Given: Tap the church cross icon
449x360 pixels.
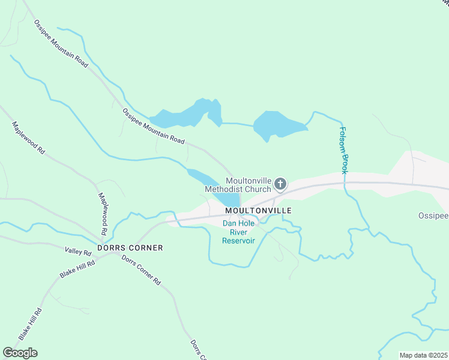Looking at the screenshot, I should click(280, 185).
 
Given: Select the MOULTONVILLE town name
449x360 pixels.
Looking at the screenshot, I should click(258, 211).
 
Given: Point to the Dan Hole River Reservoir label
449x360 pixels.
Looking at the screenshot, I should click(238, 232).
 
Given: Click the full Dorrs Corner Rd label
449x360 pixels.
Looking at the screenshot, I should click(142, 270).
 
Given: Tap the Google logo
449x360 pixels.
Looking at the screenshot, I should click(20, 353).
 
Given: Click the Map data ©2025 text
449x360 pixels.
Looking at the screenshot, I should click(423, 355).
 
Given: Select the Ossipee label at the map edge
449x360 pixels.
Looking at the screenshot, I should click(433, 215).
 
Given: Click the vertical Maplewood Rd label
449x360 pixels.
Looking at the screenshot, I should click(103, 214).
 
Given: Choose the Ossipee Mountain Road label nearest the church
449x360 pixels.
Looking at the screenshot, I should click(154, 126).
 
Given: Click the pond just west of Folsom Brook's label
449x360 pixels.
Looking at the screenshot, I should click(277, 125).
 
